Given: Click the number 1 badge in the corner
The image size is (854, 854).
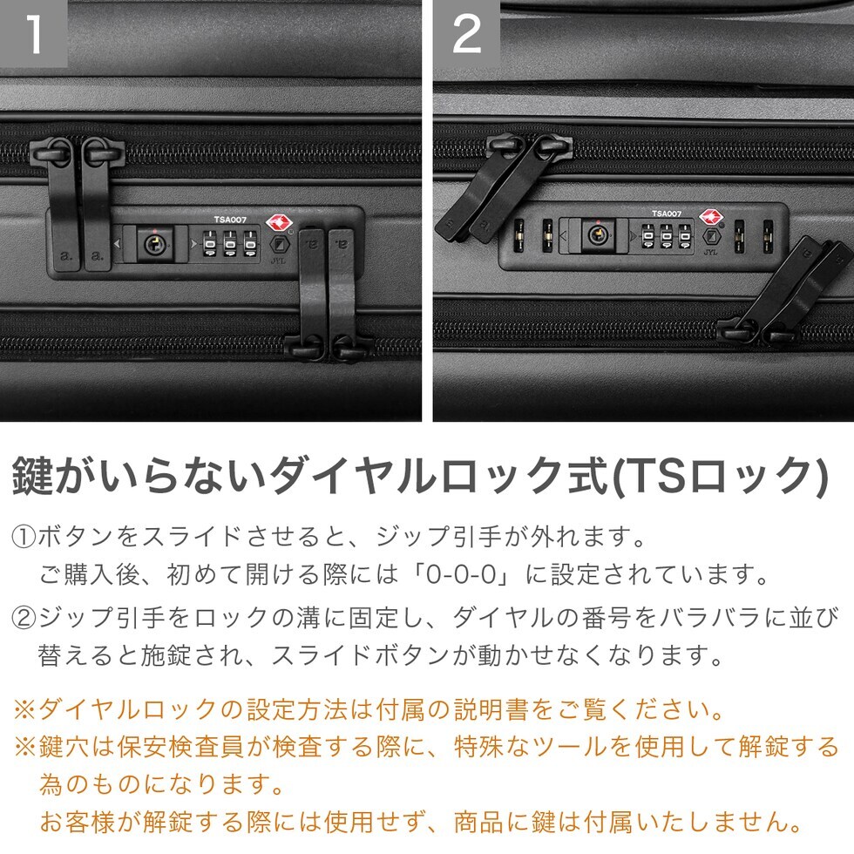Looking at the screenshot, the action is tap(33, 33).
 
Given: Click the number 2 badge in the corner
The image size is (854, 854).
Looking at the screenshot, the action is tap(467, 33).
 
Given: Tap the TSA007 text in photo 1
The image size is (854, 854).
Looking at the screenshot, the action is tap(230, 220).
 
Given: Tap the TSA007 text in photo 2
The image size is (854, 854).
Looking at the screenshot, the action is tap(667, 213).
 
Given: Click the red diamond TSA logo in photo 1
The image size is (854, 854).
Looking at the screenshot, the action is tap(279, 222).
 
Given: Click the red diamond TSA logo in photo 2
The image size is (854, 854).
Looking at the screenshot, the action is tap(710, 216).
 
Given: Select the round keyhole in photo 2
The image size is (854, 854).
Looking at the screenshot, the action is tap(598, 235).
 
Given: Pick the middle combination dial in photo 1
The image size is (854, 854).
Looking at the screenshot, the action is tap(230, 243).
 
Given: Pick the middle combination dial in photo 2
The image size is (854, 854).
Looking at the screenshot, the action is tap(666, 237).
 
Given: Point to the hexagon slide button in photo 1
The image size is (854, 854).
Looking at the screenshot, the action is tap(279, 243).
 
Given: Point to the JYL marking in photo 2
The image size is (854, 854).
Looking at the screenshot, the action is tap(710, 252).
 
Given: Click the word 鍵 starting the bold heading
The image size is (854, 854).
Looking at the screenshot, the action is tap(33, 476).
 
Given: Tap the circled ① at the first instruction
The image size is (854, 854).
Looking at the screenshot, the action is tap(24, 537).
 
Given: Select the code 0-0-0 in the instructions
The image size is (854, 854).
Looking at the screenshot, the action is tap(461, 574).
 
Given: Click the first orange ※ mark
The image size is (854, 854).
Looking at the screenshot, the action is tap(25, 709).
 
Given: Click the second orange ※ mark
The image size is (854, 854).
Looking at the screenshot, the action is tap(25, 747).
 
